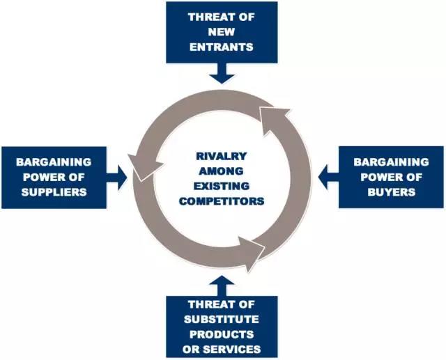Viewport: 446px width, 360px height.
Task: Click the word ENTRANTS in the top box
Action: tap(222, 47)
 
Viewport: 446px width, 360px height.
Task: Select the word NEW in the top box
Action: tap(222, 32)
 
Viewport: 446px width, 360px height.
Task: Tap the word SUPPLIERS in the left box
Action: tap(54, 192)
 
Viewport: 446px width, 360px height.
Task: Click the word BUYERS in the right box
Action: tap(392, 192)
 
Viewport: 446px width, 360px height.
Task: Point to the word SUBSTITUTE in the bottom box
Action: tap(222, 319)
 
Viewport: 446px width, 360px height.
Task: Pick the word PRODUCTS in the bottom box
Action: tap(222, 334)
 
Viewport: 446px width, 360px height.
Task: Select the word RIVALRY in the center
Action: tap(222, 156)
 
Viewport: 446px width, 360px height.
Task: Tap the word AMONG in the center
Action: tap(222, 171)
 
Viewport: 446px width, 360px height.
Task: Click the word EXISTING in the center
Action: tap(222, 186)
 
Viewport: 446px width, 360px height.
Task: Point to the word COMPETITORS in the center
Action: tap(222, 201)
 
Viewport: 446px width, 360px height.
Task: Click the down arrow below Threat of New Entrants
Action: tap(222, 73)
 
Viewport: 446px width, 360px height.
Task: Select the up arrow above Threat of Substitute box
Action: tap(222, 285)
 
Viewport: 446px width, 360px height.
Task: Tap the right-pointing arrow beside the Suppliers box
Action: tap(117, 178)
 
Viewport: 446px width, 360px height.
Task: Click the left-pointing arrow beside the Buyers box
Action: tap(328, 178)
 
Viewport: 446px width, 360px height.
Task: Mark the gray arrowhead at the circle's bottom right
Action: tap(252, 253)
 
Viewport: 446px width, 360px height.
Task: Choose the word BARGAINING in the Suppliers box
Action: tap(54, 162)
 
